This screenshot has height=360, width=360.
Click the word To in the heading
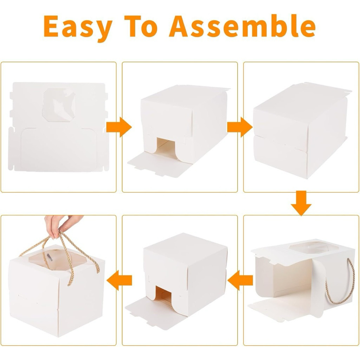click(141, 26)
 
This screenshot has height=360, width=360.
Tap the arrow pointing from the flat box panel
click(119, 127)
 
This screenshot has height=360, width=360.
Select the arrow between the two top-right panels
click(240, 127)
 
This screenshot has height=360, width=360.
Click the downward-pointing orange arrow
click(301, 203)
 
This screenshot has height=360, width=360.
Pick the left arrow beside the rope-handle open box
click(240, 280)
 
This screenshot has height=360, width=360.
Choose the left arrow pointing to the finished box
click(120, 280)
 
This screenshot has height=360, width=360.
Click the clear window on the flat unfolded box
click(59, 105)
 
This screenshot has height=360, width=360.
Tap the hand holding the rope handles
click(62, 225)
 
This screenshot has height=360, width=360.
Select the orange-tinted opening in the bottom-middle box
click(163, 294)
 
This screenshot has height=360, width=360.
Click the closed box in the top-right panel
click(301, 131)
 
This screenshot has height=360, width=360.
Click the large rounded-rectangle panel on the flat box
click(59, 150)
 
